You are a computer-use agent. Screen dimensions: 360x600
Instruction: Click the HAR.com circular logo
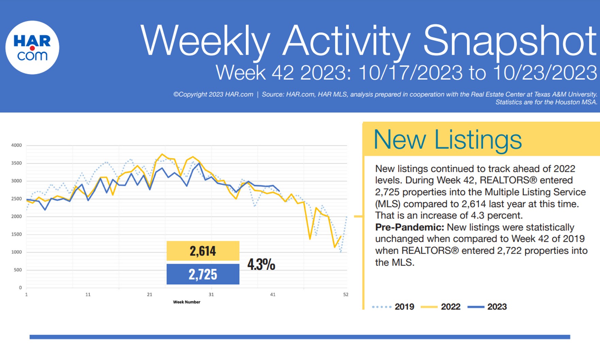click(32, 48)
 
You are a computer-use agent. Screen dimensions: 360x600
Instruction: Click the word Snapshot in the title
click(509, 41)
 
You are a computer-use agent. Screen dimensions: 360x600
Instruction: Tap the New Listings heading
click(447, 140)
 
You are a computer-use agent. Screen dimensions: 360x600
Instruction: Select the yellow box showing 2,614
click(203, 251)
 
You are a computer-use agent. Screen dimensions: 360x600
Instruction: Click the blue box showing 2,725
click(203, 274)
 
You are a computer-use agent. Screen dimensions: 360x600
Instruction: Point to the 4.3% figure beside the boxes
click(261, 264)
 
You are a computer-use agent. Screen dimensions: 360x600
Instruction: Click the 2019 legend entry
click(404, 307)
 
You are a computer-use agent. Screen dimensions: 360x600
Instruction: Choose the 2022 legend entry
click(450, 307)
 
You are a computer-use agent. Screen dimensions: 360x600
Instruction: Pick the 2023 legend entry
click(497, 307)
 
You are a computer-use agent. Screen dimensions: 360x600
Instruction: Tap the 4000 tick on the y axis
click(16, 145)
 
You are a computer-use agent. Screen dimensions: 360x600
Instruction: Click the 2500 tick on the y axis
click(16, 199)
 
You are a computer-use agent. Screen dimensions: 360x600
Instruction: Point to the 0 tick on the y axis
click(20, 288)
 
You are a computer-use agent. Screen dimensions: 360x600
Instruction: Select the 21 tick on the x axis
click(149, 295)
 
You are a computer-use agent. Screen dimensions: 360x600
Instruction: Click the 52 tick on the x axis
click(345, 295)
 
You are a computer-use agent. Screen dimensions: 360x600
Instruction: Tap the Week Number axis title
click(187, 302)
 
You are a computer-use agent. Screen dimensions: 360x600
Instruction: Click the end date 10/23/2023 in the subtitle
click(545, 73)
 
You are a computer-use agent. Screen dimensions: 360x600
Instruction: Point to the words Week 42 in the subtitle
click(255, 73)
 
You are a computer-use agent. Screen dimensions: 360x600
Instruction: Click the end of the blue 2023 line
click(279, 191)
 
